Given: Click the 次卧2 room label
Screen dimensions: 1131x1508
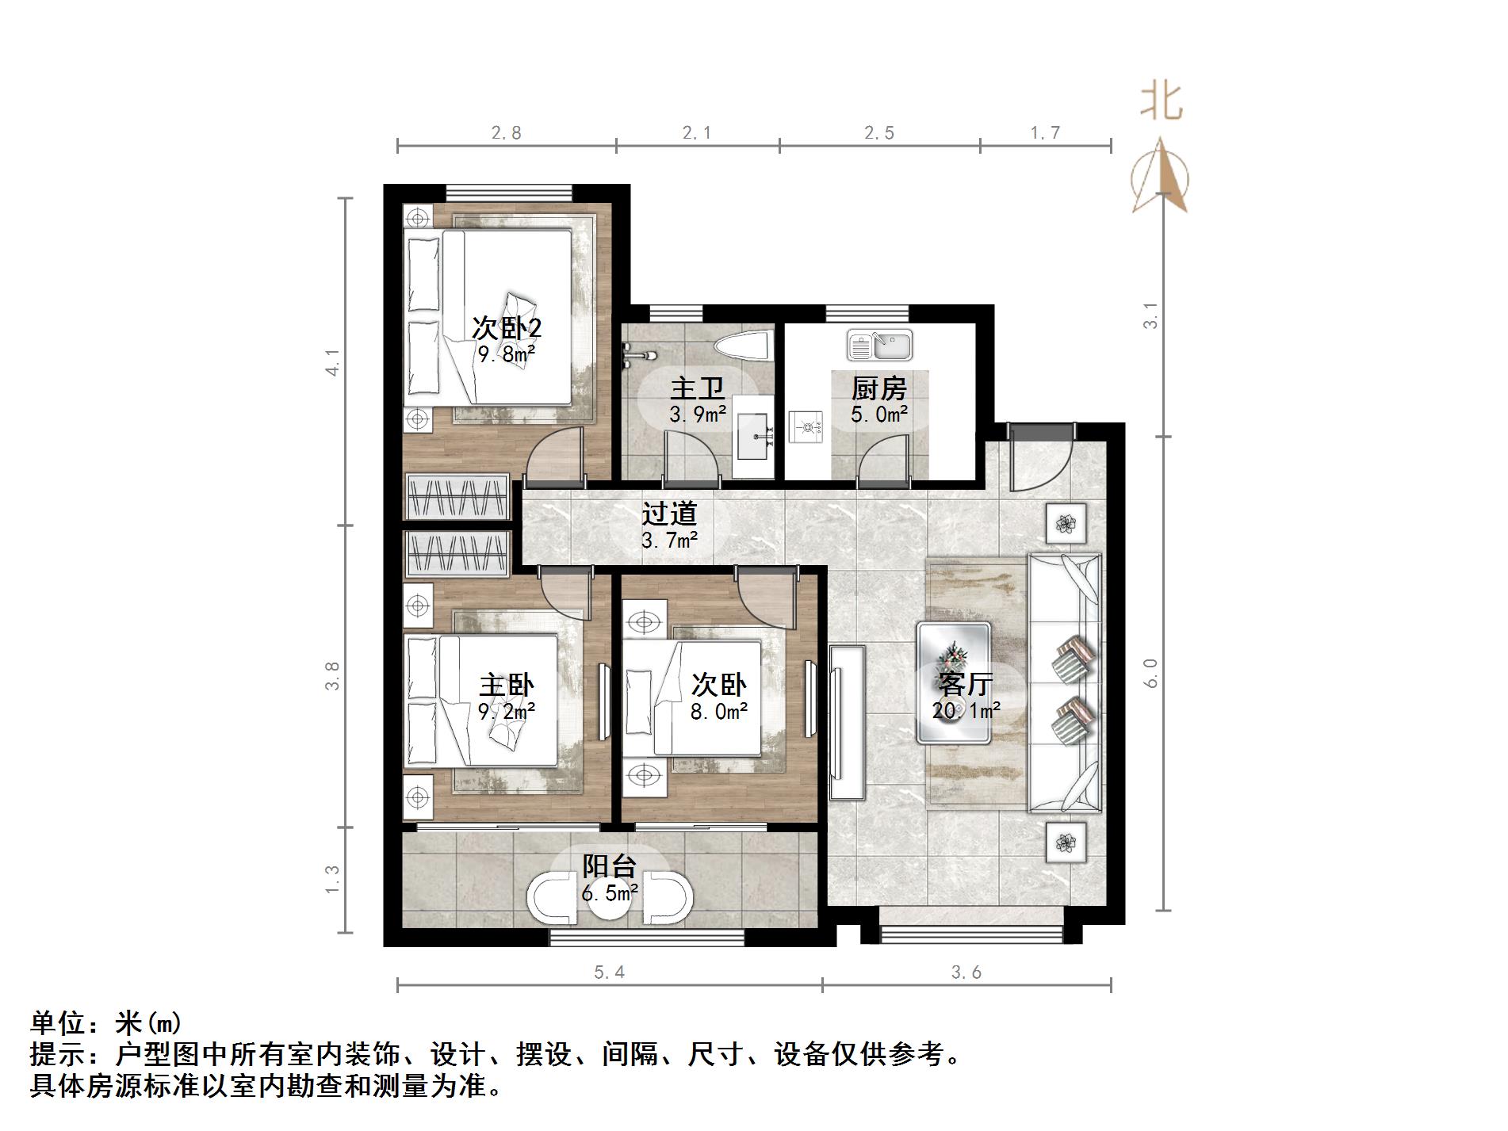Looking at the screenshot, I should point(507,328).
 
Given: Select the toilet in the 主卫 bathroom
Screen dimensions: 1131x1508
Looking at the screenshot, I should point(742,347).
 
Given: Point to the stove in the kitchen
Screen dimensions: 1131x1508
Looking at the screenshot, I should point(809,428).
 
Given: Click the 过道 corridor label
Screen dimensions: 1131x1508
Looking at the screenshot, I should point(669,514).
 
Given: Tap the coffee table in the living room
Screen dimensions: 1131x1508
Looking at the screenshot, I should point(953,682).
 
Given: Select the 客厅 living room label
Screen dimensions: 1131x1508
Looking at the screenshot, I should point(965,683).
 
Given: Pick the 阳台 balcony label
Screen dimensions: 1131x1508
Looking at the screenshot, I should point(610,866).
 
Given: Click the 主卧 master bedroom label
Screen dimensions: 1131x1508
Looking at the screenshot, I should point(507,686).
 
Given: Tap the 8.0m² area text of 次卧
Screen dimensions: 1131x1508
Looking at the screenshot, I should point(719,712).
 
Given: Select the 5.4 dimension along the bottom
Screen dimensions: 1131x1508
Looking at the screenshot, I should point(609,972).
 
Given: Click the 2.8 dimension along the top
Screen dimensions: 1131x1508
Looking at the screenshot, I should point(506,133).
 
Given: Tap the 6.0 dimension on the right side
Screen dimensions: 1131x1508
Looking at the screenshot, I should point(1151,673).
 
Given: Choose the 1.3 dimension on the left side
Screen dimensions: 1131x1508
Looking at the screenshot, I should point(331,880).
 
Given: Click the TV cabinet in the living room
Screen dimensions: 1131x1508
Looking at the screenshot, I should point(847,723).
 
